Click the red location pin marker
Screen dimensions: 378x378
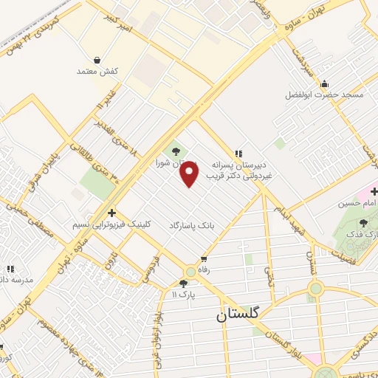[x=190, y=173]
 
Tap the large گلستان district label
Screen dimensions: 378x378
[x=239, y=314]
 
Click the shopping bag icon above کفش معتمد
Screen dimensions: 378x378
[x=97, y=60]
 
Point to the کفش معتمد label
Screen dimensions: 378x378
[x=97, y=72]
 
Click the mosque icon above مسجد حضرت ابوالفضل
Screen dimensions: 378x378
[x=324, y=83]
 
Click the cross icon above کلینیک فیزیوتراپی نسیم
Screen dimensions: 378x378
[x=111, y=212]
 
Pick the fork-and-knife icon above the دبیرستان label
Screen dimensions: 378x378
[x=238, y=152]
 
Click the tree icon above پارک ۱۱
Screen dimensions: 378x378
[x=183, y=283]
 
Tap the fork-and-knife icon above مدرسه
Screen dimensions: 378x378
[x=10, y=269]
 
